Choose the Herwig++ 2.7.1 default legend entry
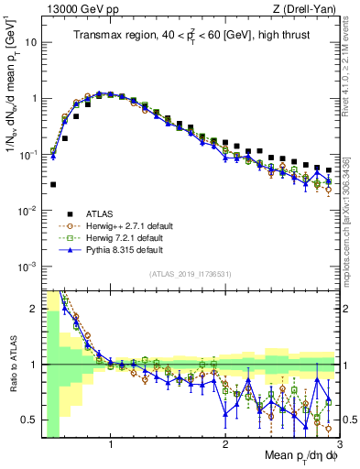125,224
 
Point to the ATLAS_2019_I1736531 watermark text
190,274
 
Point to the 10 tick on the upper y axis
34,42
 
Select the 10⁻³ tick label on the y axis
30,267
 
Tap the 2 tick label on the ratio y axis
36,309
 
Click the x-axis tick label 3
338,444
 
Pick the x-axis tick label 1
111,444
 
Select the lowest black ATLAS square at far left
53,184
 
